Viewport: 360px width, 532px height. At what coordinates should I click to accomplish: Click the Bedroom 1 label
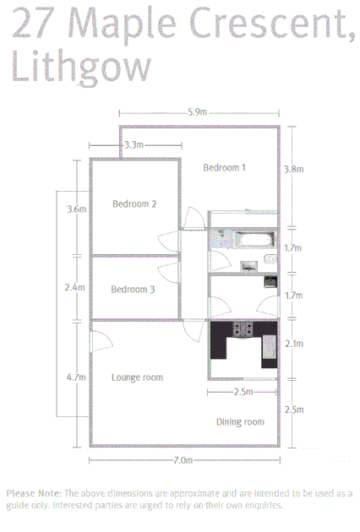click(224, 167)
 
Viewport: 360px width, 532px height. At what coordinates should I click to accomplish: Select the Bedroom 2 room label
click(134, 204)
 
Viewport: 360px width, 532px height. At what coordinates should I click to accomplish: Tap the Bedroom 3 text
click(133, 290)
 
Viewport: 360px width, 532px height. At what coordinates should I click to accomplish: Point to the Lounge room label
click(137, 377)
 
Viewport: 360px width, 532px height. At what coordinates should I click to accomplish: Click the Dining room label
click(240, 421)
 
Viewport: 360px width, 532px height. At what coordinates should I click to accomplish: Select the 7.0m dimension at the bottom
click(183, 460)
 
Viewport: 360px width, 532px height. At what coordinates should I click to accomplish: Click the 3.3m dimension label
click(133, 145)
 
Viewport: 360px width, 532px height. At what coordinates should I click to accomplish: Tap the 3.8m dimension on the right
click(293, 169)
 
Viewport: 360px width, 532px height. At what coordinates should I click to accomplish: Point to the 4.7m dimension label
click(76, 377)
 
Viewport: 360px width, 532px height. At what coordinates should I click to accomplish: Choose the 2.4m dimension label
click(74, 287)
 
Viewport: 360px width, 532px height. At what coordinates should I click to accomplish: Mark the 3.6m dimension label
click(77, 209)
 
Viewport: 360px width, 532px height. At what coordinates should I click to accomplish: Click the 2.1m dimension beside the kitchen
click(293, 344)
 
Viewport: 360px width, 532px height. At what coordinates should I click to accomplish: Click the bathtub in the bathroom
click(252, 240)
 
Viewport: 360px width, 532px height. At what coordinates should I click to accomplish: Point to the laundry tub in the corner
click(270, 281)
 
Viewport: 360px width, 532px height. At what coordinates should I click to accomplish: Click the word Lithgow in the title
click(81, 67)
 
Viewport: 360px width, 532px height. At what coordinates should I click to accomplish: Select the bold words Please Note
click(33, 493)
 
